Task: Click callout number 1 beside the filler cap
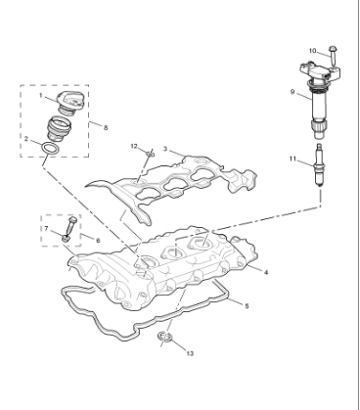(x=41, y=96)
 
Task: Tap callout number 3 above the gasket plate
(x=166, y=150)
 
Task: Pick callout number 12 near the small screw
(x=135, y=147)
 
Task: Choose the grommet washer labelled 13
(x=167, y=340)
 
